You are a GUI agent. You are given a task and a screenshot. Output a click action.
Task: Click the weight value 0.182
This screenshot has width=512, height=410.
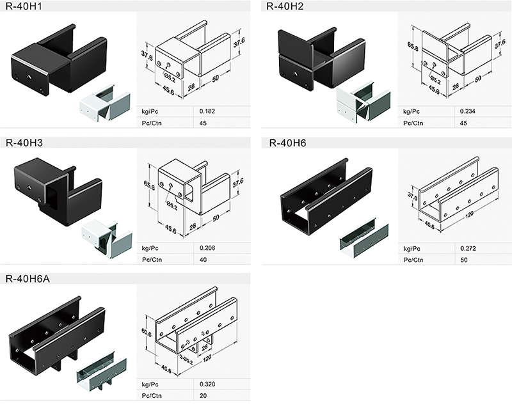tap(208, 111)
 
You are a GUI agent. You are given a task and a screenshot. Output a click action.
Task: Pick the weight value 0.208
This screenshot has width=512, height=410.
tap(208, 247)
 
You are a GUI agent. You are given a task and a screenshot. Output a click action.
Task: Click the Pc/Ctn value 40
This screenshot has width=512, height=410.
tap(204, 260)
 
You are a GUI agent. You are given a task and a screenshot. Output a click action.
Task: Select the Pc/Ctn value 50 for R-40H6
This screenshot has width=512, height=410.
tap(464, 260)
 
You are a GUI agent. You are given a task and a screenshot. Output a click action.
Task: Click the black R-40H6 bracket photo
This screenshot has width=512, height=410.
tap(326, 195)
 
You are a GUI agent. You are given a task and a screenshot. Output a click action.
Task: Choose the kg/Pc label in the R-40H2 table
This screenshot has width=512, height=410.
tap(410, 111)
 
